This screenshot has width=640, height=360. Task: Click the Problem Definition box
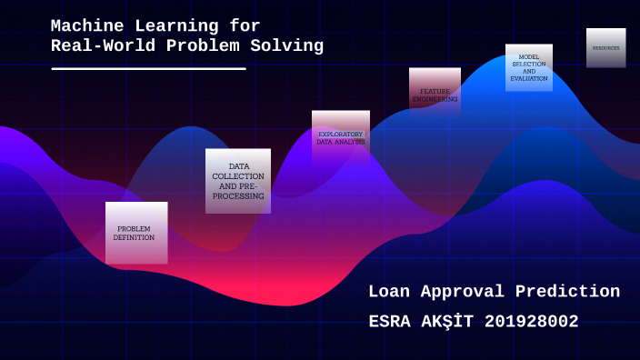point(136,233)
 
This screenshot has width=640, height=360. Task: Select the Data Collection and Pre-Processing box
point(238,181)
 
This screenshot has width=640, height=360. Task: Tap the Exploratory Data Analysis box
point(341,136)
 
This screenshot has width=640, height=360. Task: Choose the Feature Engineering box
point(435,92)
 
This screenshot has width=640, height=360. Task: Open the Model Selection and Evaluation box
point(529,68)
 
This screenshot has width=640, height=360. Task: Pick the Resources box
point(606,47)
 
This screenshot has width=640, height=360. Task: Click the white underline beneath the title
point(148,68)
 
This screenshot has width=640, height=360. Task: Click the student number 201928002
point(532,322)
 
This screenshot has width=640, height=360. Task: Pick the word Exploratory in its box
point(341,134)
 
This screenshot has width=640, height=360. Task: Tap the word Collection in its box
point(238,175)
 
